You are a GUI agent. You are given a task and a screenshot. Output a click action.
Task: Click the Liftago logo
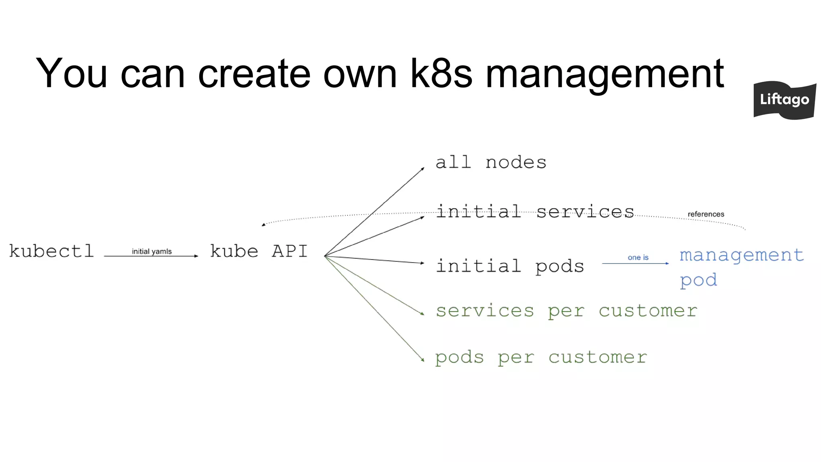pos(785,100)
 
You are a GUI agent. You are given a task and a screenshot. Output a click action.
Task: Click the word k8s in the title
pos(441,73)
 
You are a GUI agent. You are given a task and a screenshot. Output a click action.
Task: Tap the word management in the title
pos(605,76)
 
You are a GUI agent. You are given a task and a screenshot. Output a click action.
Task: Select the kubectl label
pos(51,251)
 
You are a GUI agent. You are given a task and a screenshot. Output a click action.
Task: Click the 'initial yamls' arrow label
pos(152,251)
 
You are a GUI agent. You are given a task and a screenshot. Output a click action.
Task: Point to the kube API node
pos(259,251)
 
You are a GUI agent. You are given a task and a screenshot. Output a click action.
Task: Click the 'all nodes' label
pos(491,163)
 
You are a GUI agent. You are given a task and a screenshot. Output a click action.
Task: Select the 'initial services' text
pos(535,212)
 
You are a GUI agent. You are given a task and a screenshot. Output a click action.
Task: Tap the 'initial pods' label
pos(510,266)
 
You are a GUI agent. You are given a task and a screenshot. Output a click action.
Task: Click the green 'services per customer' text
pos(566,311)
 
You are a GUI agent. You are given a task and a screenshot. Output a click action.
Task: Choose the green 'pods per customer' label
pos(541,357)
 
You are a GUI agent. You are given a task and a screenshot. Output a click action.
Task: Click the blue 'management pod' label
pos(741,267)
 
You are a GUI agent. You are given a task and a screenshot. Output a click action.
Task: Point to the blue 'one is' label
pos(638,257)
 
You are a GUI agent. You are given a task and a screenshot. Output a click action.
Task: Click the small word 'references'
pos(706,214)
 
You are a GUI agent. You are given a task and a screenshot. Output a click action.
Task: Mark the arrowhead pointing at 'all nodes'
pos(423,169)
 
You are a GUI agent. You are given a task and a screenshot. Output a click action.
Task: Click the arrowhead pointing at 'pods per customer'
pos(423,360)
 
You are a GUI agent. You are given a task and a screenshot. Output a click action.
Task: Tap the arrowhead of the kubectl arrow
pos(196,256)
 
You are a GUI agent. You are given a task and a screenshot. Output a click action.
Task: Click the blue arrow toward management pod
pos(635,263)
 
